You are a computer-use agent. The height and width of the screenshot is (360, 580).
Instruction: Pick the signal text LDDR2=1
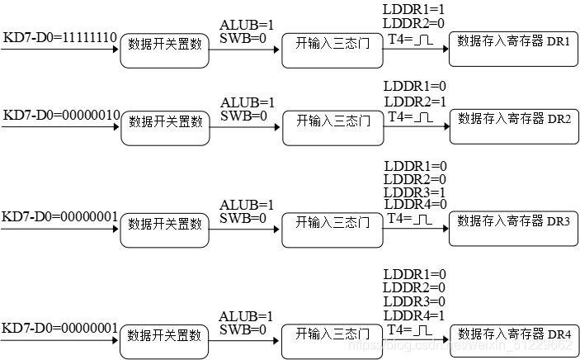[414, 101]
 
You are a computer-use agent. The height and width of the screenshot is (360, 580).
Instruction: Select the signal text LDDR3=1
[414, 192]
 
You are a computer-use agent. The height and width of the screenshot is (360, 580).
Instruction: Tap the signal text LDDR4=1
[414, 315]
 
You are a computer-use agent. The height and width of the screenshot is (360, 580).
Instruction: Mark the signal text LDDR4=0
[414, 204]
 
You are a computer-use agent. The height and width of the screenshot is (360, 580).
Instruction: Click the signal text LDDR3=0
[414, 301]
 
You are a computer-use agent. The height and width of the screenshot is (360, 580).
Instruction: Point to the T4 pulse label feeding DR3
[410, 220]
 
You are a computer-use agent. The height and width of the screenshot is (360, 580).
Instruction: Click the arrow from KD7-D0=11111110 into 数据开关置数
[62, 49]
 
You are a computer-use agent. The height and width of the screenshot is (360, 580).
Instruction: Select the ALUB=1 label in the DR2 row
[247, 102]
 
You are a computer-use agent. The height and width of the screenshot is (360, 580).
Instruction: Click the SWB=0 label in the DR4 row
[243, 329]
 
